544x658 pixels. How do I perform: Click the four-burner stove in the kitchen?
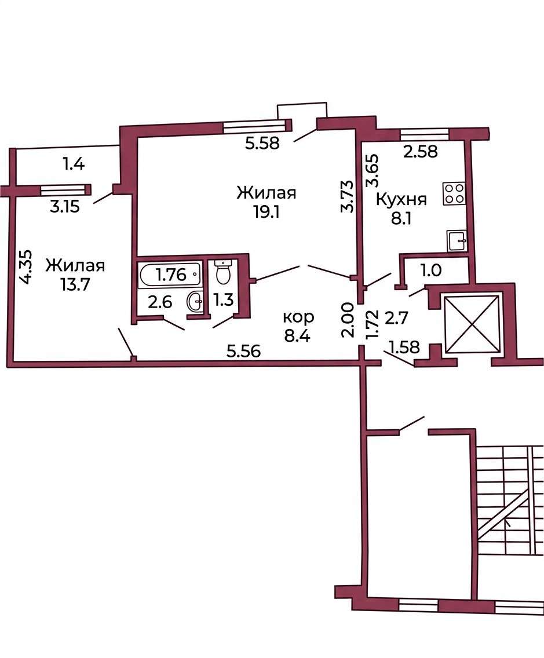[x=454, y=194]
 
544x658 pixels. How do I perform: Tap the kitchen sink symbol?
[x=457, y=240]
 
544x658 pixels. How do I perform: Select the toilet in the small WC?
[x=223, y=272]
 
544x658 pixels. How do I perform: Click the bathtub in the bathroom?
[x=170, y=275]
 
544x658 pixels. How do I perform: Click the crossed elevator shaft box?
[x=473, y=324]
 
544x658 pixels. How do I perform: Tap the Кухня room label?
[x=401, y=200]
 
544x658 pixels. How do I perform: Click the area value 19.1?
[x=266, y=213]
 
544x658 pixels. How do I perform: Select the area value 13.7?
[x=75, y=285]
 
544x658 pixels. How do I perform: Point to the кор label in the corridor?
[x=298, y=317]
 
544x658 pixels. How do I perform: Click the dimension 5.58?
[x=263, y=144]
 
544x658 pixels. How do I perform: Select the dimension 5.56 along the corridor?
[x=244, y=350]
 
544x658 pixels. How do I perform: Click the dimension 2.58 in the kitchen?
[x=421, y=151]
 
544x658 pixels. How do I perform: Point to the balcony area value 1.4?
[x=74, y=163]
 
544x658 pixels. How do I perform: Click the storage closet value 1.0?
[x=431, y=270]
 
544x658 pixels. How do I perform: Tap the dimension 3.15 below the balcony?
[x=65, y=206]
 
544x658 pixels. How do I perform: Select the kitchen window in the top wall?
[x=425, y=134]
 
